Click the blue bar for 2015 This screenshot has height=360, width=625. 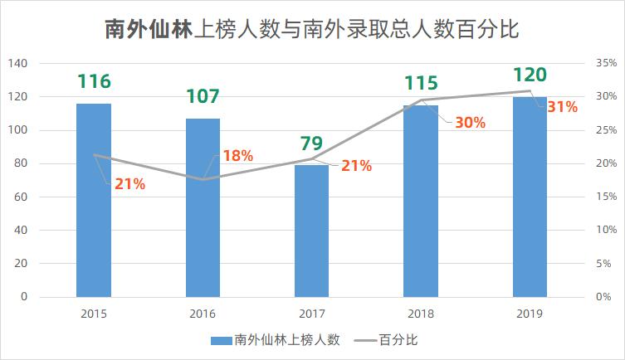[x=94, y=200]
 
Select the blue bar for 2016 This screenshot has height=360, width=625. [x=203, y=207]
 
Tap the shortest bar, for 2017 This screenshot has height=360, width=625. [x=312, y=231]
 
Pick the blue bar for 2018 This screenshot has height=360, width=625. [x=421, y=201]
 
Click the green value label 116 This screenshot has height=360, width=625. [x=94, y=81]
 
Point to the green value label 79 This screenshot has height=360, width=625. [x=311, y=144]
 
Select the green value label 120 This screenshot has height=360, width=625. [x=530, y=75]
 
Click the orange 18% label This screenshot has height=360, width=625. [x=238, y=156]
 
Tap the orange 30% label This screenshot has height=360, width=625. [x=470, y=122]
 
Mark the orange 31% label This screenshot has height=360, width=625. [x=562, y=107]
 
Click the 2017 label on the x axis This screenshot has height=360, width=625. [x=312, y=314]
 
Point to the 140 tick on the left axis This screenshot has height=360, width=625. [x=17, y=64]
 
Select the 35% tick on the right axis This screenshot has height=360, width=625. [x=604, y=64]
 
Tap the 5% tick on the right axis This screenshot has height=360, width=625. [x=604, y=264]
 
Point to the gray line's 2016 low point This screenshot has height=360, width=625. [x=203, y=179]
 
